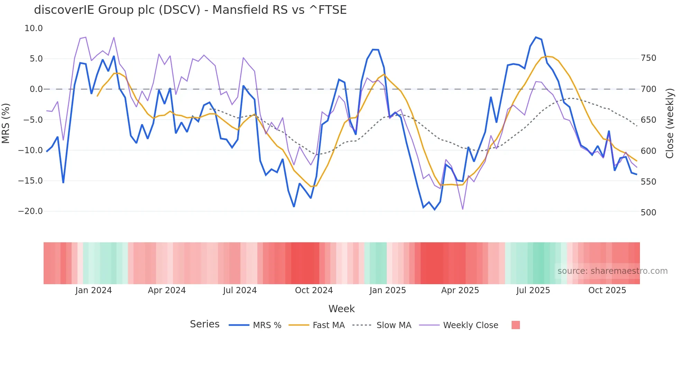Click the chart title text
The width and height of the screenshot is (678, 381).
click(x=190, y=10)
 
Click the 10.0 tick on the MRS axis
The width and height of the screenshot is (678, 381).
click(x=34, y=28)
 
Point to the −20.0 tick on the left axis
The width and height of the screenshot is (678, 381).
click(x=30, y=211)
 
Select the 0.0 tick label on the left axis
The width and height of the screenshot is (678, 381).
click(x=36, y=89)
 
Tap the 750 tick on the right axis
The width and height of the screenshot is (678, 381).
click(x=648, y=58)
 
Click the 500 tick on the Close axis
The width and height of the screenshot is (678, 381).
click(x=648, y=212)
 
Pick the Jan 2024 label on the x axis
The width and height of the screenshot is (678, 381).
click(x=93, y=290)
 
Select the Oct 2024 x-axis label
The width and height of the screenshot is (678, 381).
click(x=314, y=290)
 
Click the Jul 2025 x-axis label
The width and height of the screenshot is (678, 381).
click(x=533, y=290)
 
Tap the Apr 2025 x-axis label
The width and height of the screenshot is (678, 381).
click(x=460, y=290)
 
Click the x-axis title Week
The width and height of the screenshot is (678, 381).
click(x=341, y=309)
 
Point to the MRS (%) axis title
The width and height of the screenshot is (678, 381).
click(x=6, y=123)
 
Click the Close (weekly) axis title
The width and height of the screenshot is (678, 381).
click(x=670, y=123)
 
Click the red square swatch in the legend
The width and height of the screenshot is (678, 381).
click(x=515, y=325)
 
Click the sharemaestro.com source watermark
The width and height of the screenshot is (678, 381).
click(x=612, y=271)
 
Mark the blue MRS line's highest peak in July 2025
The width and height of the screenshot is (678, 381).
click(x=536, y=37)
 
